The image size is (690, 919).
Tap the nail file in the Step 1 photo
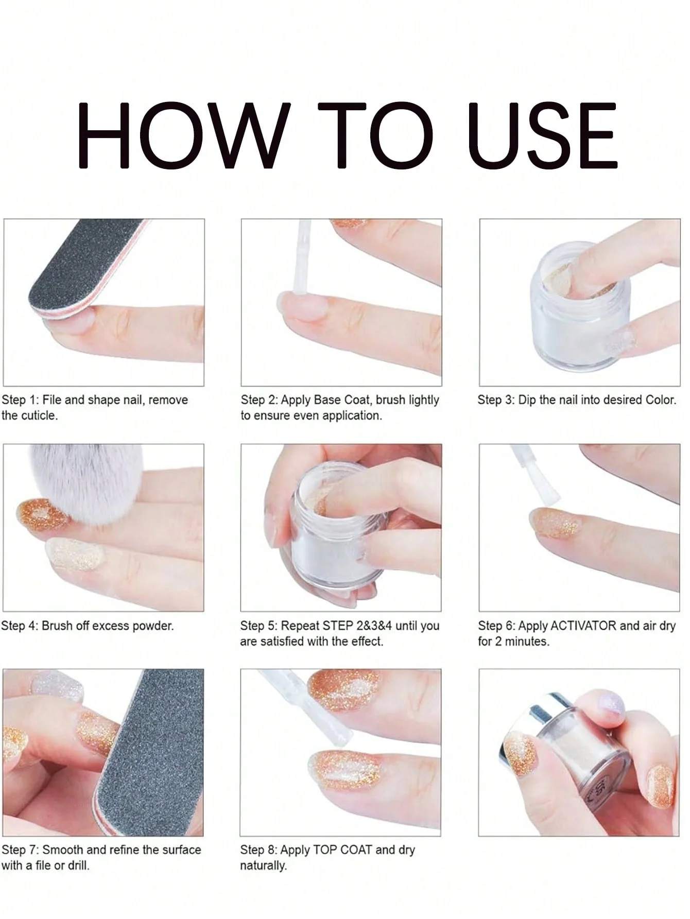[x=77, y=268]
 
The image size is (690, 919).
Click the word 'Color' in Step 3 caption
[x=659, y=400]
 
